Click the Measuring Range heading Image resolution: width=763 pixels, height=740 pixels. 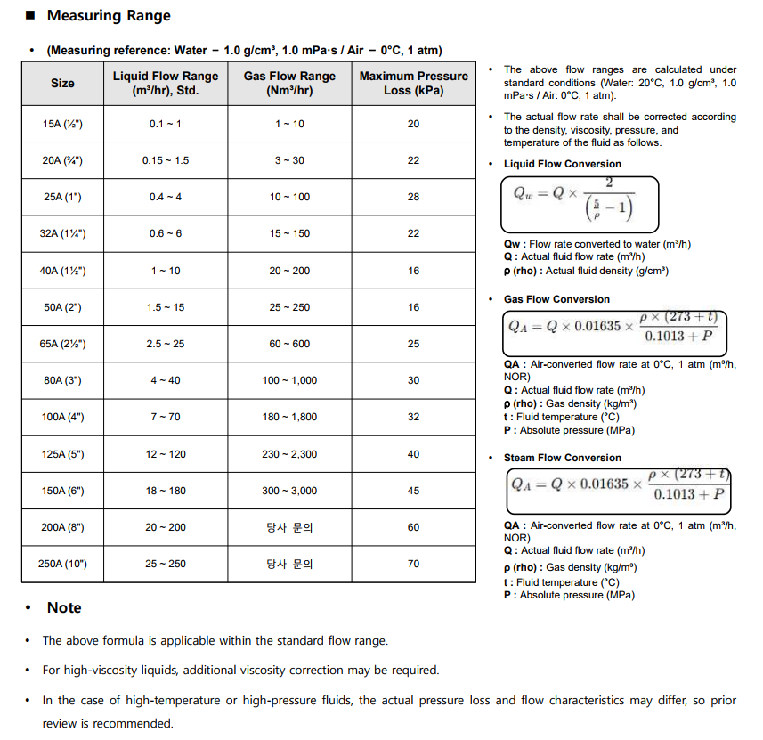pos(109,16)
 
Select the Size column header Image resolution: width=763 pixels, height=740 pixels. pos(62,83)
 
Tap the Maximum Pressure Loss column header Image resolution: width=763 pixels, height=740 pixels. pos(413,83)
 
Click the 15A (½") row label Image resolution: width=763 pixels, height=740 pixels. pos(62,124)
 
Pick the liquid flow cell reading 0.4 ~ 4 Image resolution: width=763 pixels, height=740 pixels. pos(166,197)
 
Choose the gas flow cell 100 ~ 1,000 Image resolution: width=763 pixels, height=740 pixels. pos(289,380)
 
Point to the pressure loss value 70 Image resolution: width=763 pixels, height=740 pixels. pos(413,564)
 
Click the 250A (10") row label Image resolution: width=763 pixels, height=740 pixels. pos(62,564)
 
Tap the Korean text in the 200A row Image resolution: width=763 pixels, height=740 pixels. pos(289,527)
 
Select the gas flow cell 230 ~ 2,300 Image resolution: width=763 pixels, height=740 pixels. pos(289,454)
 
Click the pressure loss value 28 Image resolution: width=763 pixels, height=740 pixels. pos(413,197)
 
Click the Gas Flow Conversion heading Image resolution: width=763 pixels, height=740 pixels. pos(556,299)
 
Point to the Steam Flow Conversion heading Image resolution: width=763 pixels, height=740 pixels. pos(562,458)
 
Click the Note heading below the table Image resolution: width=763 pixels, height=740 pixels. pos(64,607)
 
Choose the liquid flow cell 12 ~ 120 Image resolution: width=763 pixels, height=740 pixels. pos(166,454)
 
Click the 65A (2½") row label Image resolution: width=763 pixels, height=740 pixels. pos(62,344)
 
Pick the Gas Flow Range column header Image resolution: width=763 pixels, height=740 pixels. pos(289,83)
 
